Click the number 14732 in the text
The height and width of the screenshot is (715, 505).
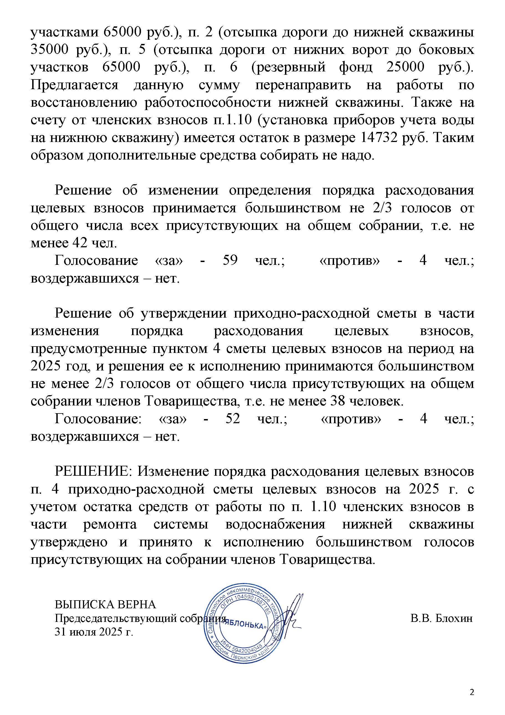pos(381,137)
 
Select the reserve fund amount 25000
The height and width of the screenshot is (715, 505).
pos(405,67)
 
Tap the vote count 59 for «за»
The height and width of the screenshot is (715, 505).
pos(230,260)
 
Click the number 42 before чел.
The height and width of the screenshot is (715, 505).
pos(80,243)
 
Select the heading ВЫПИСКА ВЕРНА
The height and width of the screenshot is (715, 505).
pos(105,604)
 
